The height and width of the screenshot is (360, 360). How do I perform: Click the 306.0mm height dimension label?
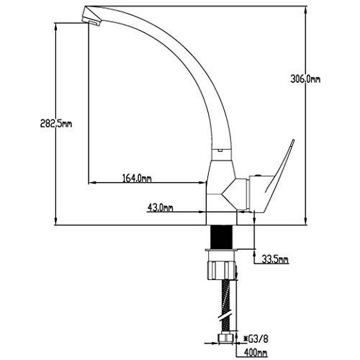tap(305, 79)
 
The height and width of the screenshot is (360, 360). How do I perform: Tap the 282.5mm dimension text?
tap(56, 124)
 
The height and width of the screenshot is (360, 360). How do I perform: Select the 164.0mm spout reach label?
tap(137, 179)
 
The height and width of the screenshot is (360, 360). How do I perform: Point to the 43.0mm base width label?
tap(160, 208)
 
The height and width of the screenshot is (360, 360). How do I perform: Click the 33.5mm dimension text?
tap(275, 259)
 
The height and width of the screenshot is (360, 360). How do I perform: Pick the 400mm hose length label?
tap(256, 353)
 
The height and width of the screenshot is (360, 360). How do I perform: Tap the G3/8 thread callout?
tap(256, 339)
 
